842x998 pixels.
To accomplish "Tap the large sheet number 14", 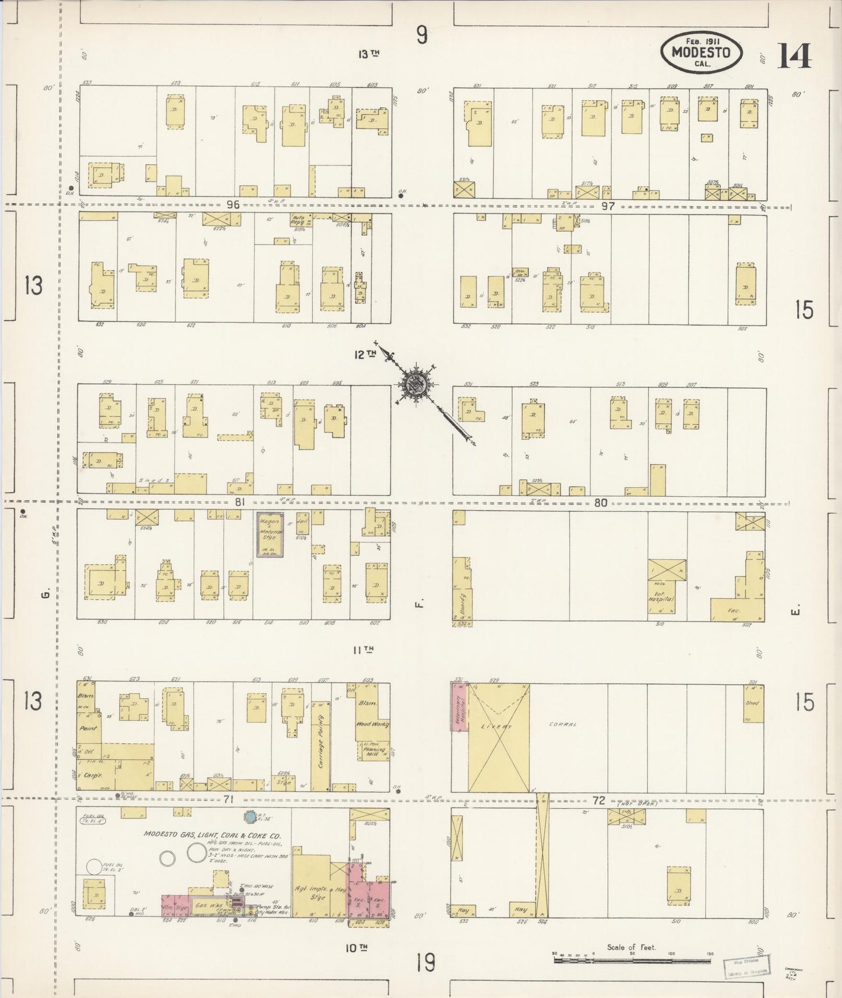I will click(x=794, y=56).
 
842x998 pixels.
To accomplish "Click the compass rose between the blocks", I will click(x=418, y=384).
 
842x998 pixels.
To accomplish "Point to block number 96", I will click(x=233, y=204).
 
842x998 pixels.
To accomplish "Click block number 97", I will click(x=608, y=206).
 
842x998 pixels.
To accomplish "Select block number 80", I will click(x=601, y=502).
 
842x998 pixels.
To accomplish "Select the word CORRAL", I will click(x=563, y=724).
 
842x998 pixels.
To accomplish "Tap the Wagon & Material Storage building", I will click(x=270, y=534).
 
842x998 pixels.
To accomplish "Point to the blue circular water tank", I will click(x=251, y=817).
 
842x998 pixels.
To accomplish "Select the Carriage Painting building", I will click(x=320, y=739).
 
